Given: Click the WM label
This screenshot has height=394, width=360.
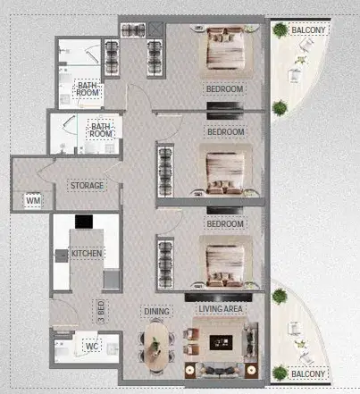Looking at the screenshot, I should click(x=33, y=201).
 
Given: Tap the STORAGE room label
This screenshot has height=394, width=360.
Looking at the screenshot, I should click(x=87, y=186).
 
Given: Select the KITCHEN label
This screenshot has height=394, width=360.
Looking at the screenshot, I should click(x=87, y=254).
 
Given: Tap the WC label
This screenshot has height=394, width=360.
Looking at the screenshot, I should click(x=92, y=346).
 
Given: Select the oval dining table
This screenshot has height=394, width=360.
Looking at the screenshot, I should click(x=155, y=344).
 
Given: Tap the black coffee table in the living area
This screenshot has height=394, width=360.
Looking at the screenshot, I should click(x=223, y=342).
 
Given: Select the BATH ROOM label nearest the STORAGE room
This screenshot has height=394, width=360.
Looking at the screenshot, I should click(x=99, y=131).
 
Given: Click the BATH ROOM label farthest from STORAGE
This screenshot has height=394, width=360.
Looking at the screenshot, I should click(x=88, y=88).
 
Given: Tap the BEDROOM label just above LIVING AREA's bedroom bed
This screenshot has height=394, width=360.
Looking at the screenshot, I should click(x=225, y=224).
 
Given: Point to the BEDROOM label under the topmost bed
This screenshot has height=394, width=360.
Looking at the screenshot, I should click(x=223, y=90).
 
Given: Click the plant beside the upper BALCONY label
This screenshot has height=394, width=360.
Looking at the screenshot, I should click(x=280, y=30).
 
